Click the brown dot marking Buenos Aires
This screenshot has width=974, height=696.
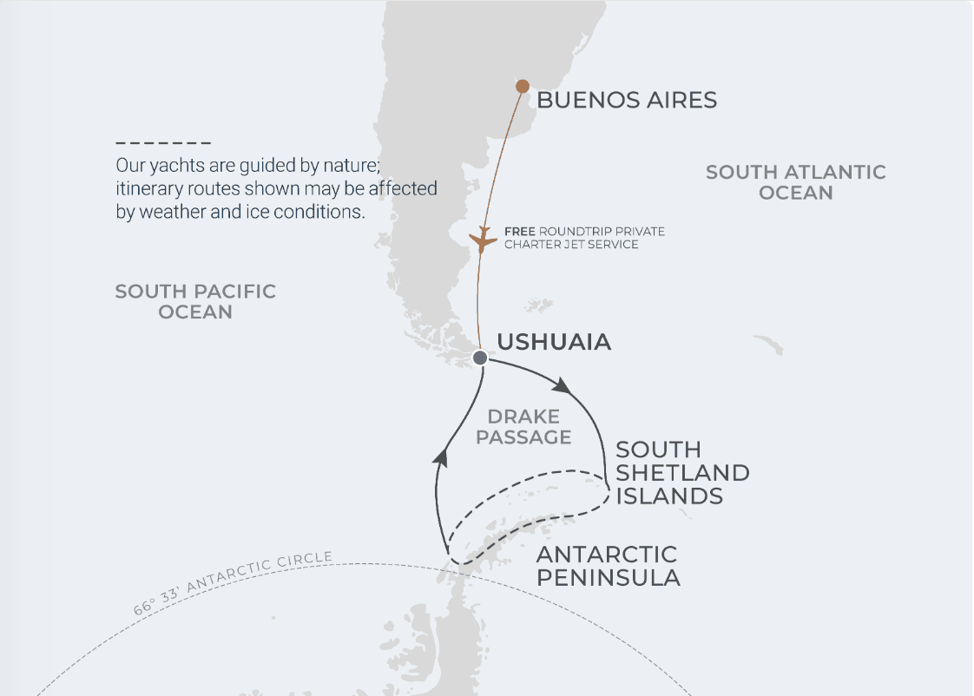click(523, 86)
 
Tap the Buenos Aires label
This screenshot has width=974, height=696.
click(627, 100)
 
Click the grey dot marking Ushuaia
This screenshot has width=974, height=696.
click(480, 358)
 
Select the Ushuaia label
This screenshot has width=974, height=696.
click(554, 342)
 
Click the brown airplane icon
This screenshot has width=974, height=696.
click(482, 240)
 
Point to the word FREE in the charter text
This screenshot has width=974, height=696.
click(519, 232)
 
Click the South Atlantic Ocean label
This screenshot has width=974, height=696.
click(795, 182)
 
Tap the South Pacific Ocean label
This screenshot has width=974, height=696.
click(195, 301)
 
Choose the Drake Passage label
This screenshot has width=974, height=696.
click(523, 427)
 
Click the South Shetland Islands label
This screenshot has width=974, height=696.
click(682, 473)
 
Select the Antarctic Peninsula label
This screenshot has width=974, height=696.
click(607, 566)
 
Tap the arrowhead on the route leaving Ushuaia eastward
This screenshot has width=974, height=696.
click(563, 384)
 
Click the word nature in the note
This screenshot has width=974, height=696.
click(350, 165)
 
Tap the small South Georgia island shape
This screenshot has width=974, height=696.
click(768, 345)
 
